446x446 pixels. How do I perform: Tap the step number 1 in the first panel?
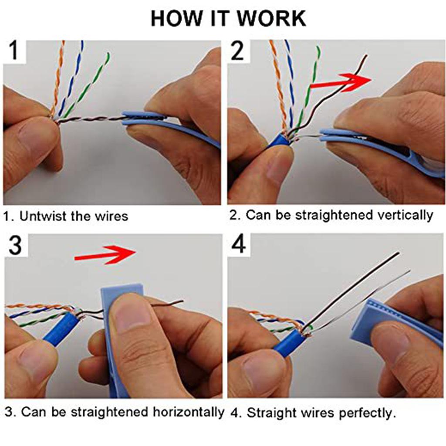coord(14,51)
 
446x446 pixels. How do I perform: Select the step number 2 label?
coord(238,51)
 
